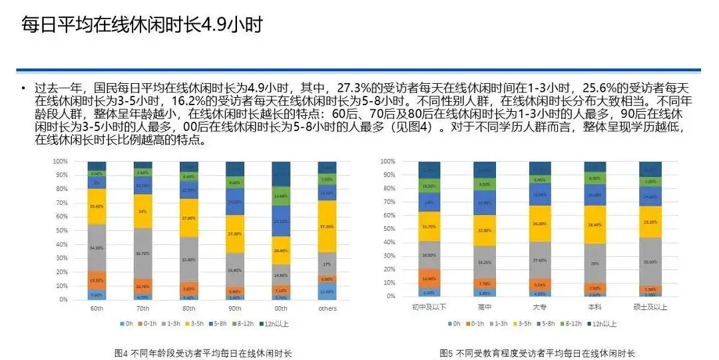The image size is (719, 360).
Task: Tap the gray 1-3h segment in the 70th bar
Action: tap(143, 254)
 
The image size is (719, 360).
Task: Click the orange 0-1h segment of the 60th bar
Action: tap(97, 280)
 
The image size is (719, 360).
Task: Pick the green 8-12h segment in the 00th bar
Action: tap(281, 196)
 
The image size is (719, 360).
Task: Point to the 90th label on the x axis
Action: tap(234, 309)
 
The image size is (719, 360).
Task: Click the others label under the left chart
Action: tap(327, 309)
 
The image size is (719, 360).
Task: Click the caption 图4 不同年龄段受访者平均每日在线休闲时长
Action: tap(203, 353)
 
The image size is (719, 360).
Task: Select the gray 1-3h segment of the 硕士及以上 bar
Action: tap(650, 262)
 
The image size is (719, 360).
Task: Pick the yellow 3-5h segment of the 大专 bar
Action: tap(540, 224)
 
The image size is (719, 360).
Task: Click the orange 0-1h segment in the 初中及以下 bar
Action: tap(430, 278)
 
